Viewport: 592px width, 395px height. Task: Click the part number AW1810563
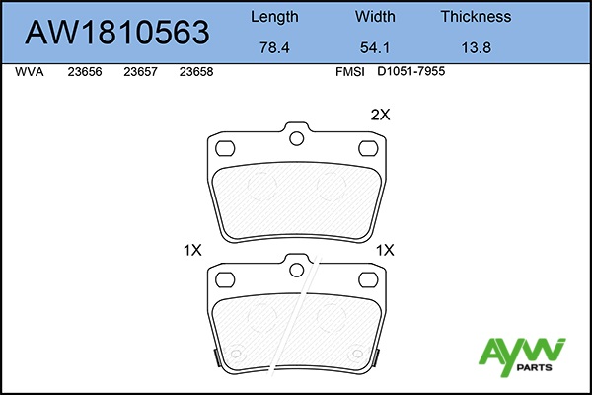pos(117,33)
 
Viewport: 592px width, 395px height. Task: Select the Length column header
pos(274,17)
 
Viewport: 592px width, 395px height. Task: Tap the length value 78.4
pos(274,47)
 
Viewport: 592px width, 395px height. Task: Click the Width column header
pos(375,16)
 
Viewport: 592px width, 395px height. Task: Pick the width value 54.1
pos(375,47)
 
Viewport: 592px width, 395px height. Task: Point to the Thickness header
pos(477,16)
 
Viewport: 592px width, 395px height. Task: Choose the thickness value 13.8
pos(477,47)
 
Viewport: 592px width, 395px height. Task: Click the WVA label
pos(30,72)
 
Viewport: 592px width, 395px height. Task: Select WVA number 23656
pos(85,72)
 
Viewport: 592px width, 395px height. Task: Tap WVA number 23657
pos(140,72)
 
